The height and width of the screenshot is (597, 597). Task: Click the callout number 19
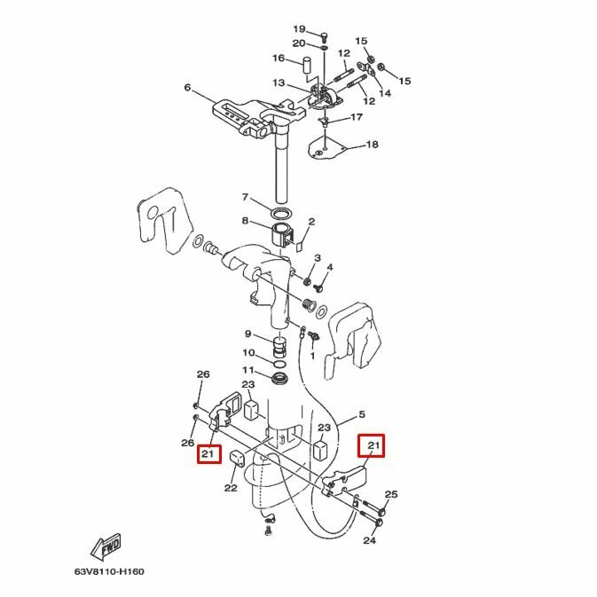299,29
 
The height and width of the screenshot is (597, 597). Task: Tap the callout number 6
187,87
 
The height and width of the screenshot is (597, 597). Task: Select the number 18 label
372,145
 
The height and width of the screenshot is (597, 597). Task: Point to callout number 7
246,197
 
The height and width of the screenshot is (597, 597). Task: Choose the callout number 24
369,540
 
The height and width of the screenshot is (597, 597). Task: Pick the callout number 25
391,495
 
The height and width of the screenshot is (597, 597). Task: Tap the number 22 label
231,487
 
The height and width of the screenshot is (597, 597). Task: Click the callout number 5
361,414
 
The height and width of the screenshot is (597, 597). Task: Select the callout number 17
356,117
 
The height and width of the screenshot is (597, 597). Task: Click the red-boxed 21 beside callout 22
209,454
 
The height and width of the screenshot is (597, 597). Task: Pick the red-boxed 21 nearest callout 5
372,444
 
